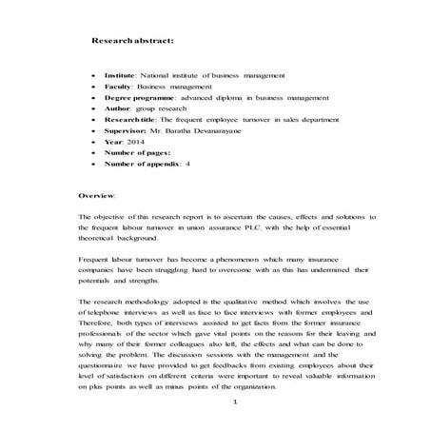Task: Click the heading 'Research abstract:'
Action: point(132,42)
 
